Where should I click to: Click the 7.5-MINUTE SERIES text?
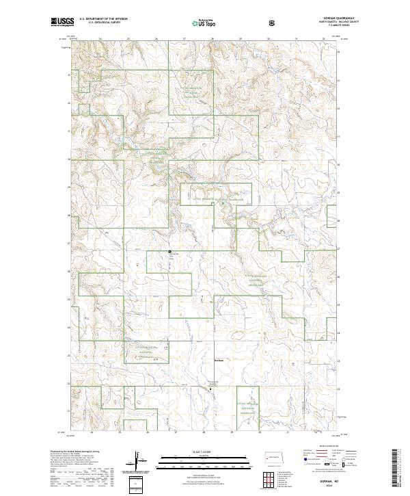pyautogui.click(x=318, y=28)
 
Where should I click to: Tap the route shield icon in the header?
pyautogui.click(x=273, y=23)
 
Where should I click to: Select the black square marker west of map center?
pyautogui.click(x=170, y=252)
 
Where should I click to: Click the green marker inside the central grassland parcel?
pyautogui.click(x=223, y=203)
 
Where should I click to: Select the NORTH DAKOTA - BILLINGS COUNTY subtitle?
pyautogui.click(x=318, y=24)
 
